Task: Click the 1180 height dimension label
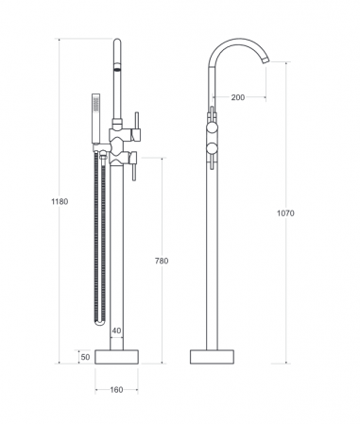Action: click(x=60, y=201)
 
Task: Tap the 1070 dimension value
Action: click(x=285, y=213)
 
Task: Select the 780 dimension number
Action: click(x=162, y=261)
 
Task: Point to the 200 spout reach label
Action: click(x=238, y=97)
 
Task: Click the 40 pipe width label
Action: click(x=116, y=331)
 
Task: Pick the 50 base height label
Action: click(x=85, y=357)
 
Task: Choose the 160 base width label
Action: click(x=116, y=390)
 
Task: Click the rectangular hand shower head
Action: click(x=95, y=118)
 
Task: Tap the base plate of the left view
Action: click(x=117, y=357)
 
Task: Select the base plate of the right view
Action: click(x=212, y=357)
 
